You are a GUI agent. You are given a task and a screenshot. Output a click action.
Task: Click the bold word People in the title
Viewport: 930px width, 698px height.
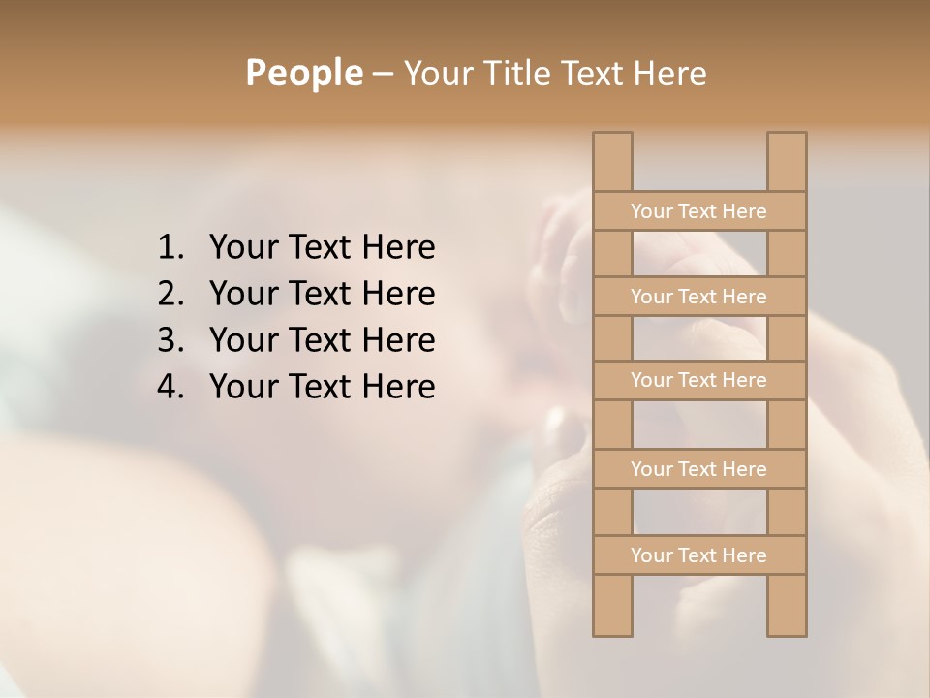[303, 73]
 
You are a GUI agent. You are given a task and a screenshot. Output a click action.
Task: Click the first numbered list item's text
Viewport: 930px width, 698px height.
[322, 248]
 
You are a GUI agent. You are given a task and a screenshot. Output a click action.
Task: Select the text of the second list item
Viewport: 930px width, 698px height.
[322, 294]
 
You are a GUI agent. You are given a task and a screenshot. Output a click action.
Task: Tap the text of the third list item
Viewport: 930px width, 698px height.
[322, 340]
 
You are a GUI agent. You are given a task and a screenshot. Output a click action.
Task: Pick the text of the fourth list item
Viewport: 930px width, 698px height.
[322, 387]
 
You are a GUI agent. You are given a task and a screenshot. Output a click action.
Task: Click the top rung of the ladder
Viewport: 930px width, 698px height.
[698, 211]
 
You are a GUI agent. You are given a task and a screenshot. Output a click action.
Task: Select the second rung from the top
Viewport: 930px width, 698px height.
[698, 297]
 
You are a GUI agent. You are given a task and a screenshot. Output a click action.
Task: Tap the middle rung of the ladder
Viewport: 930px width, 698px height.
[698, 380]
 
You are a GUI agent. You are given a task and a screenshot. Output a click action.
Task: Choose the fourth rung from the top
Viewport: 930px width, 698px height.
[698, 469]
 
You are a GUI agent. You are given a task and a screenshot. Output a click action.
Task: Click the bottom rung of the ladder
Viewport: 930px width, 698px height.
[698, 555]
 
